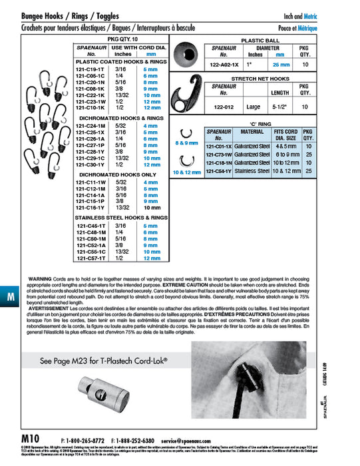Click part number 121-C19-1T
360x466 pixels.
90,69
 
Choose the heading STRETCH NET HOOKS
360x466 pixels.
258,78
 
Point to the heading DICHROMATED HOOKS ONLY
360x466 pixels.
118,174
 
